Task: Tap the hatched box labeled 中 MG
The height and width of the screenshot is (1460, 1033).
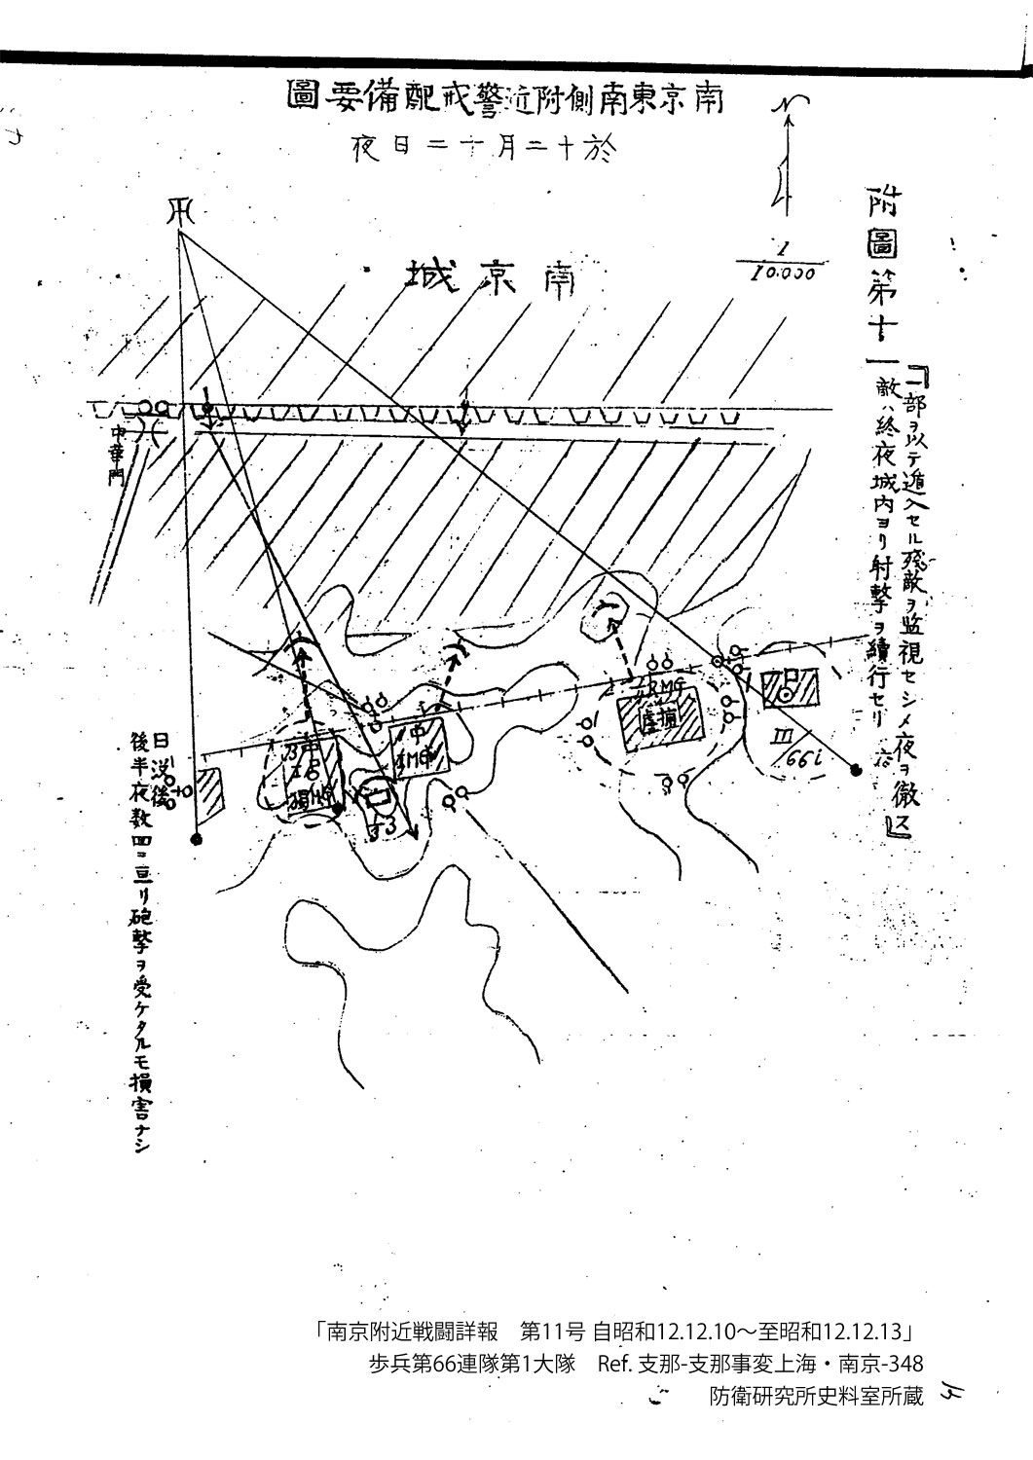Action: point(419,746)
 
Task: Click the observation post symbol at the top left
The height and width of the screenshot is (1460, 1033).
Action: point(180,208)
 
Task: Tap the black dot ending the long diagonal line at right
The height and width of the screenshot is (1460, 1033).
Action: point(856,770)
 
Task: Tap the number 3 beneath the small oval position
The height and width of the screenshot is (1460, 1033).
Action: point(386,826)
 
